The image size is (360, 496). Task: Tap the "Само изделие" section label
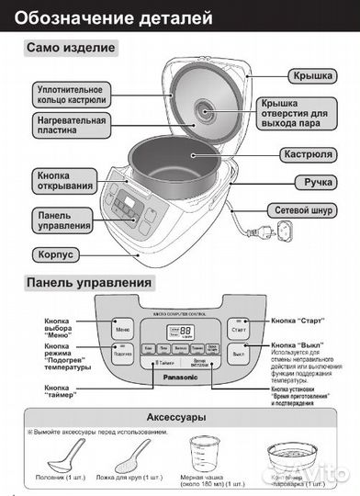coord(71,48)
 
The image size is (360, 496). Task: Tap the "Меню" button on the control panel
coord(122,328)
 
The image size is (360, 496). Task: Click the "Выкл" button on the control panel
coord(239,353)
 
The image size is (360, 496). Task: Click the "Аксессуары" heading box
coord(179,417)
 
